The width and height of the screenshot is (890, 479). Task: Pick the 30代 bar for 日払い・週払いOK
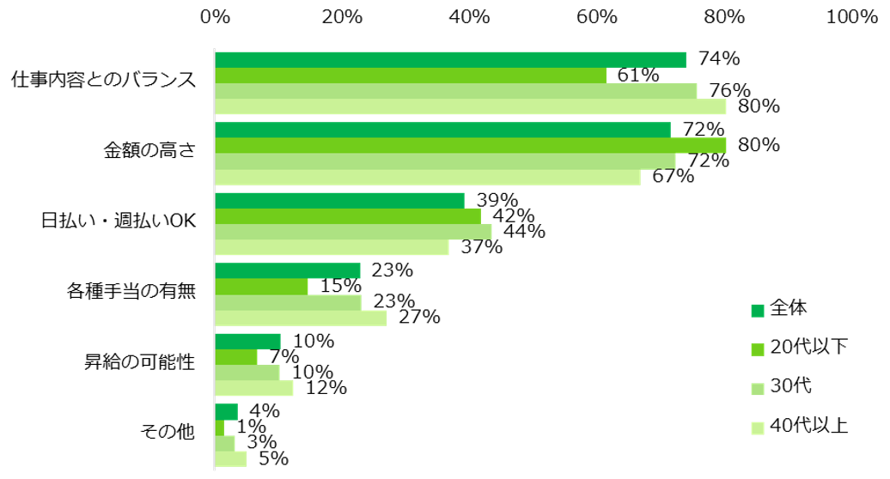point(353,232)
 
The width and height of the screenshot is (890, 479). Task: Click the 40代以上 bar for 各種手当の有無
point(301,318)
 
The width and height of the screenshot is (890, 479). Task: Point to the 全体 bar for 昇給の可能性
point(247,341)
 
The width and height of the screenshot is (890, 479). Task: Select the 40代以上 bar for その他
point(230,458)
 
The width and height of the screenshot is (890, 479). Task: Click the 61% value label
point(638,76)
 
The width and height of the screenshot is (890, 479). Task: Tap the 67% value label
point(673,177)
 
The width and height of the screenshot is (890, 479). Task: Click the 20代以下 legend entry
point(799,347)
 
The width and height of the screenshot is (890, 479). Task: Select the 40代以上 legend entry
point(799,426)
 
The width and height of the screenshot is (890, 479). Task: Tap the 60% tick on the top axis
point(597,17)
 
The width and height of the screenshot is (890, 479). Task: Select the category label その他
point(168,433)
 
